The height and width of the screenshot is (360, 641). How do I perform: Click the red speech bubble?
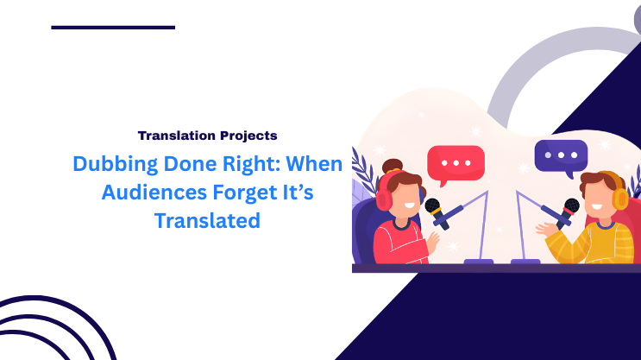[x=456, y=162]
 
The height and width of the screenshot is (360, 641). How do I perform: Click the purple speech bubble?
[x=561, y=155]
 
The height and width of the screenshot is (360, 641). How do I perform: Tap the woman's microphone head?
[x=432, y=207]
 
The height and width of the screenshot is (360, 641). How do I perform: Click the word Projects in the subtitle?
[x=251, y=136]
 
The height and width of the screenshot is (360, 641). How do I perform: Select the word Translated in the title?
[x=207, y=220]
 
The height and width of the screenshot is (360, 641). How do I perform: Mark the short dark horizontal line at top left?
[x=113, y=28]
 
